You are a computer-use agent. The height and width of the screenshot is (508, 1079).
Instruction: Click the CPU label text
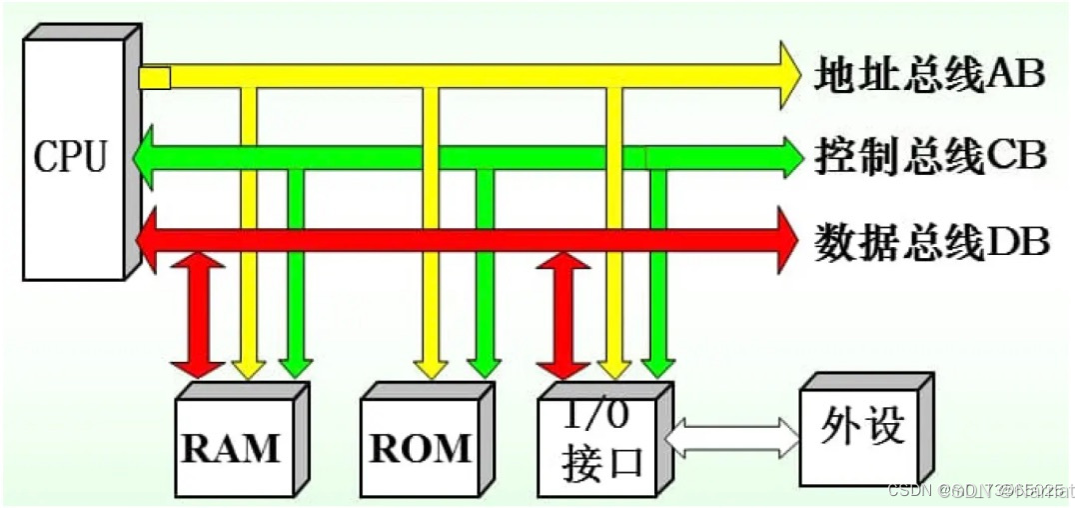point(69,157)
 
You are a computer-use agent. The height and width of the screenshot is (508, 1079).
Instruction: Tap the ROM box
point(420,447)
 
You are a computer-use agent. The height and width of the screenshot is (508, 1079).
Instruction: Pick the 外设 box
point(860,427)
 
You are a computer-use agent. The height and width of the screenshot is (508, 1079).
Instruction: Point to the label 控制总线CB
point(929,157)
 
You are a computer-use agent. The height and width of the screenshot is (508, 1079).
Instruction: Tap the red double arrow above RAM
point(198,315)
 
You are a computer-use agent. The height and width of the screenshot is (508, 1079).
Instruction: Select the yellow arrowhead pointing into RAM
point(248,371)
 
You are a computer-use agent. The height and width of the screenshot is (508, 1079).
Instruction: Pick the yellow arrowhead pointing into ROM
point(433,371)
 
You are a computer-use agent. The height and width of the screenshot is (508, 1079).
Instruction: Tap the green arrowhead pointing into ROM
point(485,371)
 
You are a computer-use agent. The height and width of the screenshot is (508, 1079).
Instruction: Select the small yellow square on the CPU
point(154,77)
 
